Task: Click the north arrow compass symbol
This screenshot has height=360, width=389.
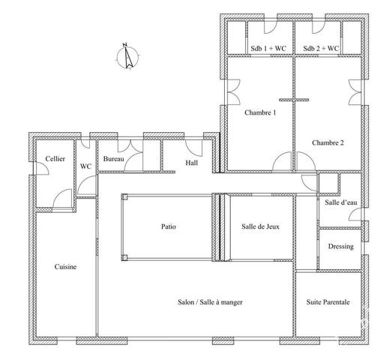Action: pos(127,56)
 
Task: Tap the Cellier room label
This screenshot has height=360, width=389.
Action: pos(55,159)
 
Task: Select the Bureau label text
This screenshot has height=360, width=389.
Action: pos(113,159)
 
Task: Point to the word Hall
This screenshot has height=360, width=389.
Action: pos(192,163)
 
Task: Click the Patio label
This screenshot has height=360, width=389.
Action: pos(169,226)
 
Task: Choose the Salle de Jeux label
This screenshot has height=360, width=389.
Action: pos(260,226)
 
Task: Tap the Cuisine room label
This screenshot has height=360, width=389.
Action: pos(65,267)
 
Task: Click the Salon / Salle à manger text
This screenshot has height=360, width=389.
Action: pos(210,302)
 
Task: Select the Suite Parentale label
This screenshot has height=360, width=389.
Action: pos(328,302)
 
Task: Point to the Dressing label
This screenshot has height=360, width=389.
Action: pos(341,247)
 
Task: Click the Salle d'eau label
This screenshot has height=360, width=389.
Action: pos(341,202)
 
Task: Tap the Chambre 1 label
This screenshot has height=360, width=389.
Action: pos(260,112)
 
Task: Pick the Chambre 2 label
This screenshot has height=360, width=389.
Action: pos(328,142)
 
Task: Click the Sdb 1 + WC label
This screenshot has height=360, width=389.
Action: pos(268,48)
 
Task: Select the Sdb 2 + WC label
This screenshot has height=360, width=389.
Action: pos(321,48)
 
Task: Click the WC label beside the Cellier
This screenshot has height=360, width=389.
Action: pos(85,166)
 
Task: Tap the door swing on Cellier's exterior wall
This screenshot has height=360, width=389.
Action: pos(41,169)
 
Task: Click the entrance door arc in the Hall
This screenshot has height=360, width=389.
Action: pos(194,148)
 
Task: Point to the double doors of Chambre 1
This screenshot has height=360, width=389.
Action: pos(234,92)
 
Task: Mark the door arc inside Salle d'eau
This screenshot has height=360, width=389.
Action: pos(355,214)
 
